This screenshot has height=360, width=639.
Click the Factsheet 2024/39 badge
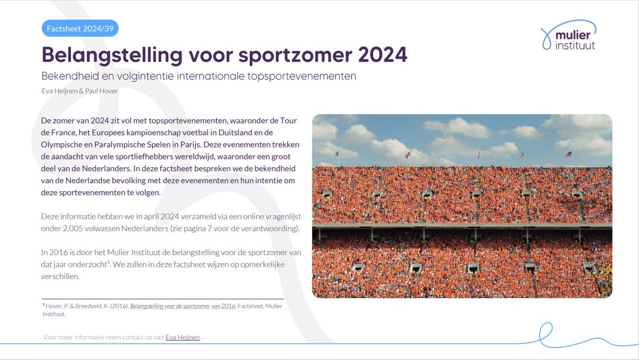(80, 28)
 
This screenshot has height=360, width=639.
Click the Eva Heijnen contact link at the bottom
(183, 337)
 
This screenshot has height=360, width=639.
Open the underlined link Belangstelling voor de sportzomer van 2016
(183, 306)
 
